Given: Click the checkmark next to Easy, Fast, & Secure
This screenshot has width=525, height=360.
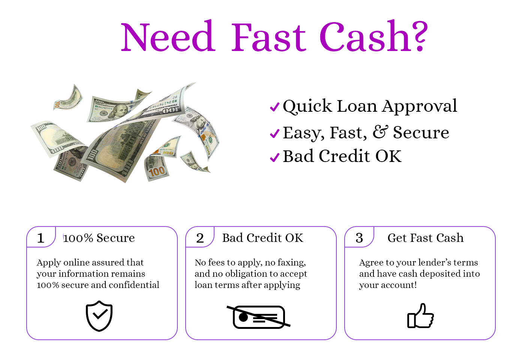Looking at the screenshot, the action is (274, 133).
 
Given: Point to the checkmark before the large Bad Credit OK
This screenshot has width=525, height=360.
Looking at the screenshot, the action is (274, 157).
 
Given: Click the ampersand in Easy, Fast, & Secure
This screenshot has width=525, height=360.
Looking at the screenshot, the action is (380, 132).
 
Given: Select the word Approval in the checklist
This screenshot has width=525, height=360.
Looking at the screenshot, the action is (420, 106).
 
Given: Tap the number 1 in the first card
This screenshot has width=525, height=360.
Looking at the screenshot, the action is (41, 238).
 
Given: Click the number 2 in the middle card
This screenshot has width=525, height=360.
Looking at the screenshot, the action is (200, 238).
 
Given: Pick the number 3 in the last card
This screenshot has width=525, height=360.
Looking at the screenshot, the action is (359, 238).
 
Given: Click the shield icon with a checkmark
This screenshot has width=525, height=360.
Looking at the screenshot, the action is (99, 316).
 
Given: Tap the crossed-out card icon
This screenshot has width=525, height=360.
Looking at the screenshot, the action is (258, 316).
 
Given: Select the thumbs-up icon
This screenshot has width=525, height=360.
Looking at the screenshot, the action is (420, 316).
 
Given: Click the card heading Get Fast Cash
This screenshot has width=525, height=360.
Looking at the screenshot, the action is (425, 238).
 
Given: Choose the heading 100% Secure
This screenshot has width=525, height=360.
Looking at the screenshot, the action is (99, 238).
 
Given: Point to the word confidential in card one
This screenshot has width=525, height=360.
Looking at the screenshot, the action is (134, 285).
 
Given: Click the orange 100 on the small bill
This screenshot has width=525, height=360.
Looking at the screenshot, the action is (157, 172).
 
